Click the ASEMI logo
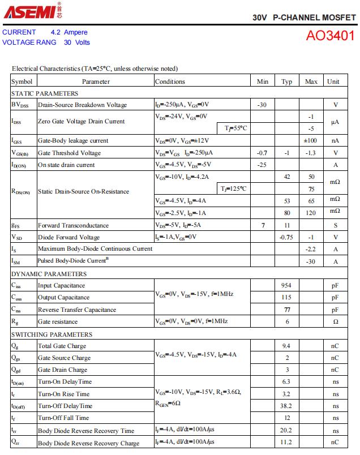(29, 10)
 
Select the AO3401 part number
(331, 36)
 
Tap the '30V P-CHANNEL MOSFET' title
(304, 18)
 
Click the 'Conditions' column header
(170, 81)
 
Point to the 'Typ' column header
(286, 81)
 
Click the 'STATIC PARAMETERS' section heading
(45, 93)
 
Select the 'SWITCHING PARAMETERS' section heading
(52, 334)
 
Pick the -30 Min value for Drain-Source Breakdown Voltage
(262, 105)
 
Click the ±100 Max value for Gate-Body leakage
(310, 141)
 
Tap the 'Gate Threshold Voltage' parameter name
(69, 153)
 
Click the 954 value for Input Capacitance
(286, 286)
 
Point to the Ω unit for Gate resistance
(335, 321)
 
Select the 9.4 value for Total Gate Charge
(286, 346)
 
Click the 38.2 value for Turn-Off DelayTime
(286, 406)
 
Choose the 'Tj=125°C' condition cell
(233, 188)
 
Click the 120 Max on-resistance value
(311, 213)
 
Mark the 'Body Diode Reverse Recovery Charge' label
(88, 443)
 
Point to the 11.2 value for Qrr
(286, 443)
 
